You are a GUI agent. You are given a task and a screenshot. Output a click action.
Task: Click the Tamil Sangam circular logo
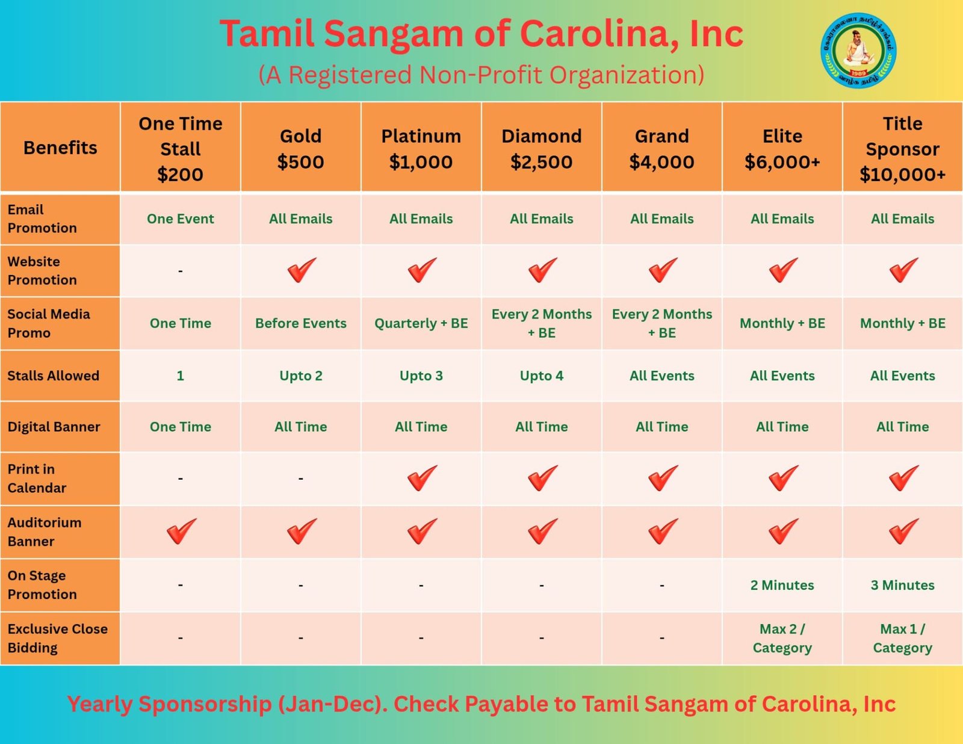point(858,51)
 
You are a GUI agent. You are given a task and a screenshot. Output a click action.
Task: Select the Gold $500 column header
point(300,149)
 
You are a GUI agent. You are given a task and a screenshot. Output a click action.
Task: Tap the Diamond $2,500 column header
point(541,149)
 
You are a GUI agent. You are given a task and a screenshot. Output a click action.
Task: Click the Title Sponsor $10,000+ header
point(902,149)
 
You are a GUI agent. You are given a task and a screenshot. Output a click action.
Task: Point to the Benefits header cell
point(60,148)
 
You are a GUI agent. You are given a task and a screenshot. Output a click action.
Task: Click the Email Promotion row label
point(42,219)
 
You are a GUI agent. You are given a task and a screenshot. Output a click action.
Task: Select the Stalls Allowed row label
point(53,376)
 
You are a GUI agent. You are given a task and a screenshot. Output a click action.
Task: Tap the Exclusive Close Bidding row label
point(57,638)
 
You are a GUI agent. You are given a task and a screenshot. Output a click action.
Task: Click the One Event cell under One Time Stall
point(180,219)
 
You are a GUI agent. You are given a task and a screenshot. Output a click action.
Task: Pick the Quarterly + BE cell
point(421,323)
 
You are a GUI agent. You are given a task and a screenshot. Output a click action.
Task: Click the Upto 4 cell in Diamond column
point(541,376)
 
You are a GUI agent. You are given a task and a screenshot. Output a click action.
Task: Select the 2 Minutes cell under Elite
point(782,585)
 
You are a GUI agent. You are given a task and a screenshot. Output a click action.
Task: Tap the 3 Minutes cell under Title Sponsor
point(902,585)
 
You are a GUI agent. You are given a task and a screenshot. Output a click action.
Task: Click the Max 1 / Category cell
point(902,638)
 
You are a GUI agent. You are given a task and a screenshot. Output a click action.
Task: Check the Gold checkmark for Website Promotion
point(301,270)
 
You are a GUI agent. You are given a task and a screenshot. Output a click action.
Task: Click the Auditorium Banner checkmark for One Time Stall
point(181,531)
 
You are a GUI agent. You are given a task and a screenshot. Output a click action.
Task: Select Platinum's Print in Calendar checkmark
point(421,479)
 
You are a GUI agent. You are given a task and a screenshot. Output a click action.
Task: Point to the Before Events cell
point(300,323)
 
